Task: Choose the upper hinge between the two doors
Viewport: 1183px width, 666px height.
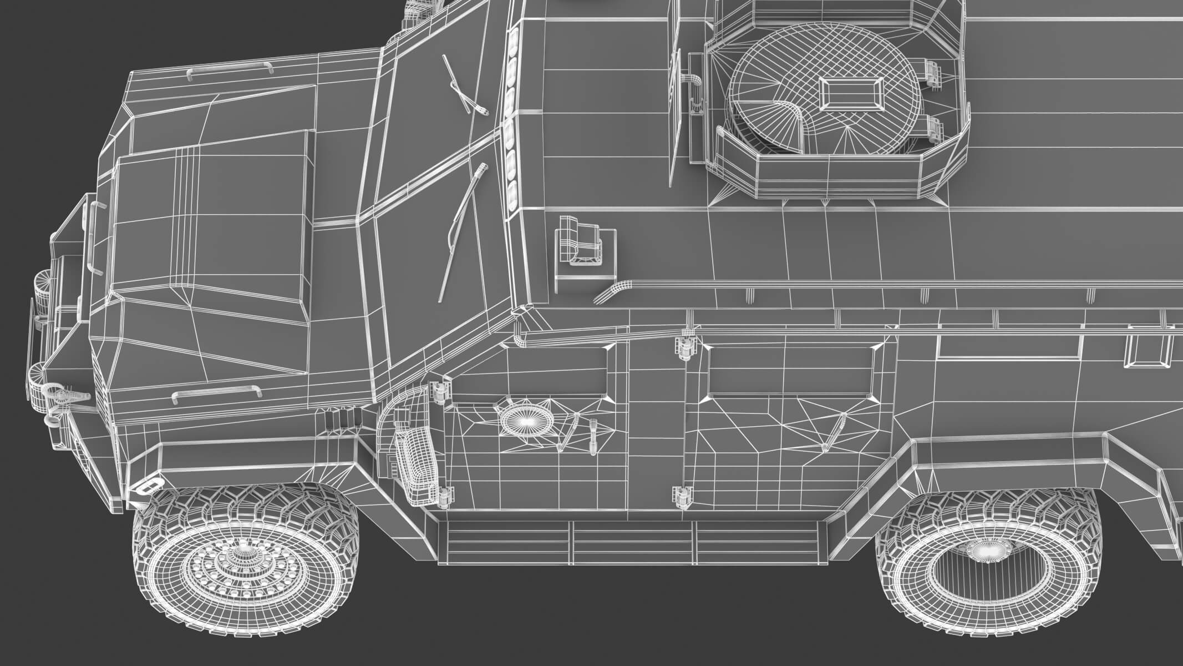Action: [684, 347]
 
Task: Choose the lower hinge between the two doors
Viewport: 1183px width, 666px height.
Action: [683, 495]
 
